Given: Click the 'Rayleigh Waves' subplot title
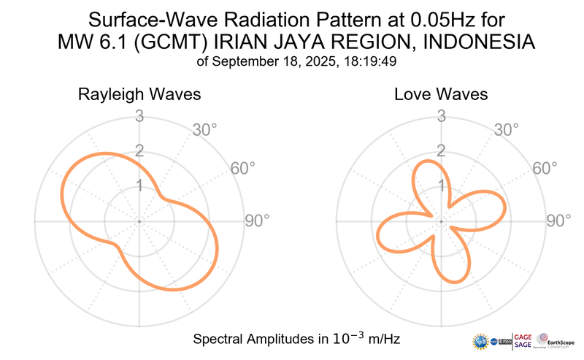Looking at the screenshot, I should point(139,95).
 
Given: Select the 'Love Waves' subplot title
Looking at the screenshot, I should point(441,95).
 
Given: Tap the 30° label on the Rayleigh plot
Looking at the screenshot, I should point(205,130).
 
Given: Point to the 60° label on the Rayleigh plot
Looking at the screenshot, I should point(243,168).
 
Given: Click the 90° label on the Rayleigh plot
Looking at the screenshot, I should point(257,221).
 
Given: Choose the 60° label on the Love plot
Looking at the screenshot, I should point(545,168).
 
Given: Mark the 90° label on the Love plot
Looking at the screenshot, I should point(559,221).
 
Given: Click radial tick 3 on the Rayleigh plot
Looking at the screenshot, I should point(139,115).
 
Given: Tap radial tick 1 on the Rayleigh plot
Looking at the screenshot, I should point(139,185).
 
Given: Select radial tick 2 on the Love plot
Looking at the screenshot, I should point(441,151).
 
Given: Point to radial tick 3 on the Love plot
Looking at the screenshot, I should point(441,115).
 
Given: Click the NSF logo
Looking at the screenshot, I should point(481,341).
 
